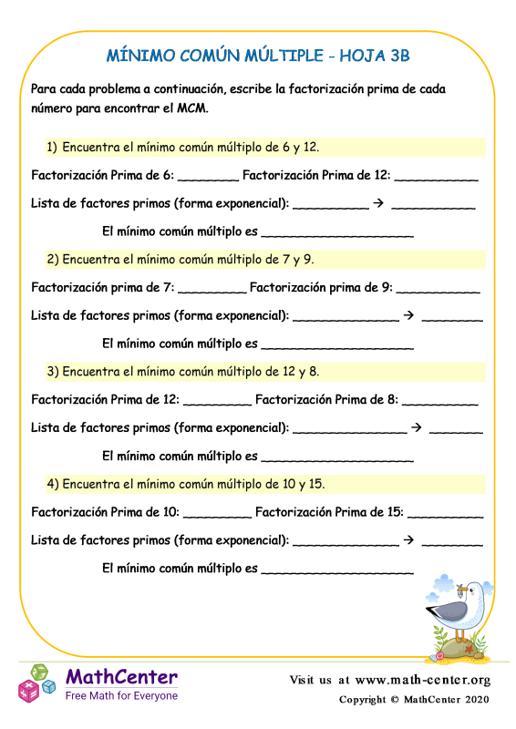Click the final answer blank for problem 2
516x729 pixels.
[336, 347]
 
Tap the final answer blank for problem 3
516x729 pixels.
[336, 459]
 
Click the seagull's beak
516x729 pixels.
[480, 594]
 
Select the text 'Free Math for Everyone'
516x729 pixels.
[121, 696]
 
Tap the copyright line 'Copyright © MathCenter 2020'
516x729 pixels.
[415, 700]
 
